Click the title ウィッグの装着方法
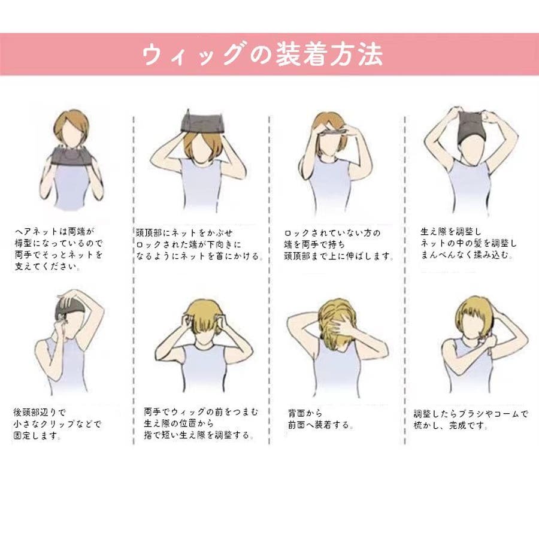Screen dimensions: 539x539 coord(262,54)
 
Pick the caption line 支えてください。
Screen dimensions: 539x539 coord(48,267)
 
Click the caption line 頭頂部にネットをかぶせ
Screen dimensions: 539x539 coord(184,233)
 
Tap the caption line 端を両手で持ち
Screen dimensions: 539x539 coord(314,244)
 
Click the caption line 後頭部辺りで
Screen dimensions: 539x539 coord(40,412)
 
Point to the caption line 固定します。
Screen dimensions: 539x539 coord(38,435)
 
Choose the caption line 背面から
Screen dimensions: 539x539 coord(305,413)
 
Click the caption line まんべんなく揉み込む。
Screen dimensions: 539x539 coord(467,255)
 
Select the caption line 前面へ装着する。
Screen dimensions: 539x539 coord(321,425)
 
